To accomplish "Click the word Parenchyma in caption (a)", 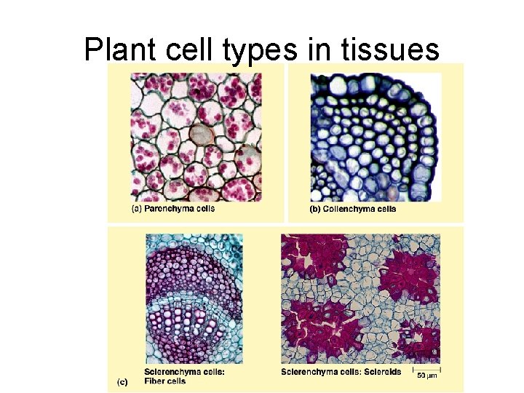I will click(168, 209).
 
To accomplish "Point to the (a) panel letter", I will click(136, 209).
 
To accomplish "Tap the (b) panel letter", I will click(315, 209).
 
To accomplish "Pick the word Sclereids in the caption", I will click(381, 372).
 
